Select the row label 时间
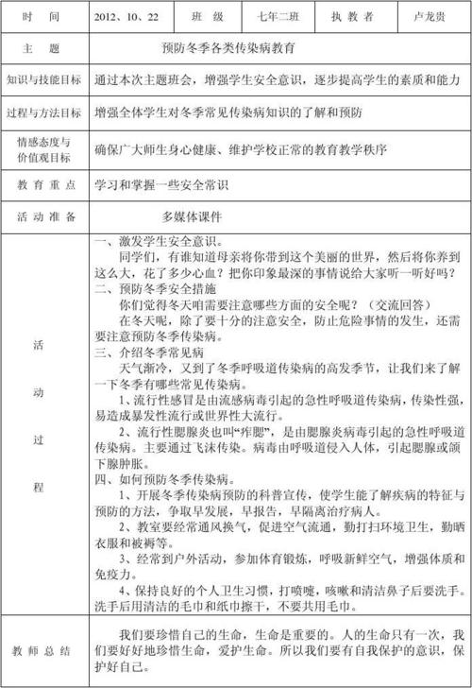click(x=44, y=16)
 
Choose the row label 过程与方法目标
click(x=44, y=112)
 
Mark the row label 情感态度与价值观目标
click(x=44, y=149)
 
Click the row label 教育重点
click(x=44, y=185)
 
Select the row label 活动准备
click(x=44, y=216)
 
